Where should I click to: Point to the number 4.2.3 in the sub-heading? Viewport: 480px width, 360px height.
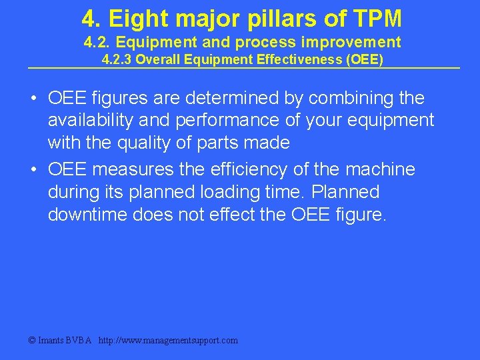click(117, 59)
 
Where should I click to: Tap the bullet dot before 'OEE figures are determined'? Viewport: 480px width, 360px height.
click(33, 99)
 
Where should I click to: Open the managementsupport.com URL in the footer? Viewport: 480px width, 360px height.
click(168, 340)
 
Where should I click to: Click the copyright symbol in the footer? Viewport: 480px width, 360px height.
click(31, 340)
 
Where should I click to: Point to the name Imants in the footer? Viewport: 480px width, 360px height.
click(51, 340)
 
